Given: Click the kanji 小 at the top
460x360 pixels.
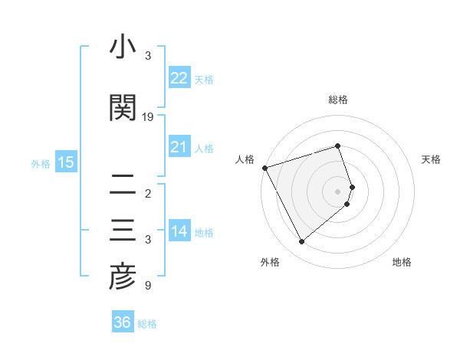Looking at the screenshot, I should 123,49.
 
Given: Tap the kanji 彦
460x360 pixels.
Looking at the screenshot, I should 123,277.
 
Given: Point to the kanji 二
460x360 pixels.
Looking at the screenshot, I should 123,185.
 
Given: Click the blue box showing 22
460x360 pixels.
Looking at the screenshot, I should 179,78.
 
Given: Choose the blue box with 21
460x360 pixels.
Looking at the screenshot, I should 179,147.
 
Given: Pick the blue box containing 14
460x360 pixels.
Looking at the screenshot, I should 179,232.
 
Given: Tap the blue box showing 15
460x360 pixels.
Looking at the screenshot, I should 65,162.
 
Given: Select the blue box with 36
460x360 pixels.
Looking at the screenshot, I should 123,322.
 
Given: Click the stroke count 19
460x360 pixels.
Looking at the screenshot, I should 148,116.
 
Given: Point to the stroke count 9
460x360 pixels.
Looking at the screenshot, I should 147,286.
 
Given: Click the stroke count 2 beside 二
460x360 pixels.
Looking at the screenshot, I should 147,193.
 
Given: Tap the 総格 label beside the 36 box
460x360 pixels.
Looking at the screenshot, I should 147,323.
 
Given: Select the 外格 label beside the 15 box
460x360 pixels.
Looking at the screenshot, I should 41,163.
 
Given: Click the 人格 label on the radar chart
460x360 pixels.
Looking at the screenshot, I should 245,159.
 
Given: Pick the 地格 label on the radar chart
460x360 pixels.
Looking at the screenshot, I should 402,262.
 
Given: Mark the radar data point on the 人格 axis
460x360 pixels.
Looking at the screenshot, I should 264,167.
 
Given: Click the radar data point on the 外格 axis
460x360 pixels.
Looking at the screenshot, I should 301,241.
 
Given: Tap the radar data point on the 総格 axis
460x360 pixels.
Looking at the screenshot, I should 338,146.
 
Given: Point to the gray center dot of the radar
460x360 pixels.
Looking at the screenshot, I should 338,191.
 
